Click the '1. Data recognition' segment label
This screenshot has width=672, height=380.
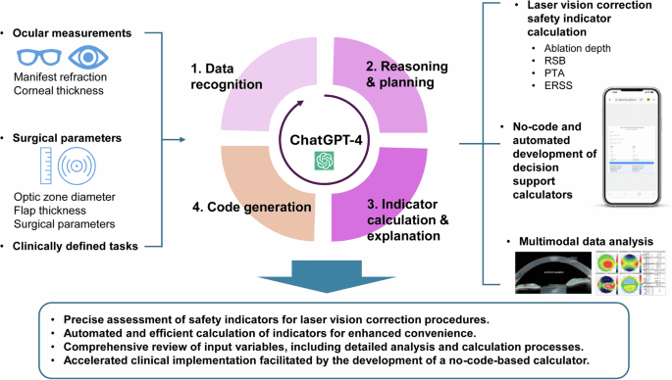[227, 76]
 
